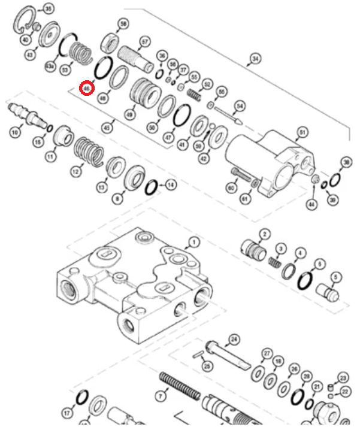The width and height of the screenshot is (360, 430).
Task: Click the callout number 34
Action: point(256,59)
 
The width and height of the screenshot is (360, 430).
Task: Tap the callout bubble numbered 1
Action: point(193,243)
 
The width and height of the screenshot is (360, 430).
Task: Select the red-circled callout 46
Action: point(87,89)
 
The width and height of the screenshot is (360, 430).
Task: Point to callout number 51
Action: point(302,132)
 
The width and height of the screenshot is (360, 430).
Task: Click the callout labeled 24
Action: point(234,339)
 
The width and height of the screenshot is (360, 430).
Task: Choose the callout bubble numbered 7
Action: point(160,396)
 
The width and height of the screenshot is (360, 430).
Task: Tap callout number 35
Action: point(48,8)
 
